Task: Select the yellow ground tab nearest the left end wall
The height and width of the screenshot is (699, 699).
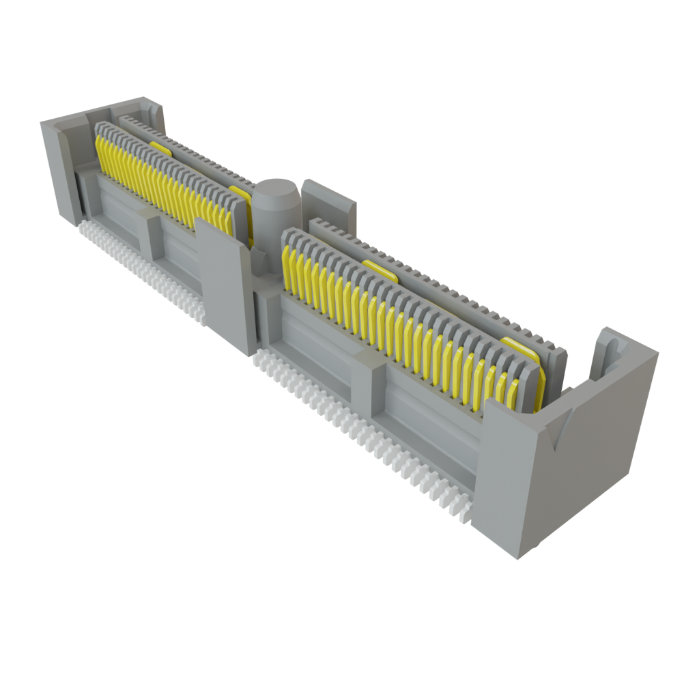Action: (161, 147)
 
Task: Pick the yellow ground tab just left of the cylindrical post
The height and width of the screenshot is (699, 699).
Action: (240, 194)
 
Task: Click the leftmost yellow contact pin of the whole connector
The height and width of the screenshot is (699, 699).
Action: (100, 154)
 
